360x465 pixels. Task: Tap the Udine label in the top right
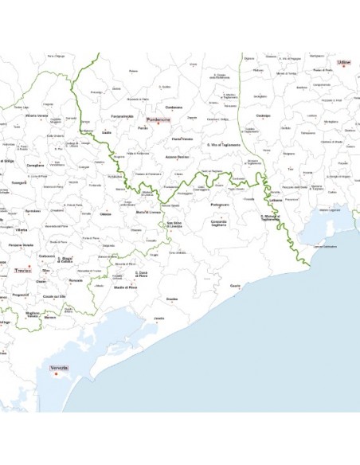pyautogui.click(x=344, y=61)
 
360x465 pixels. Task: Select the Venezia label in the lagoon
pyautogui.click(x=59, y=367)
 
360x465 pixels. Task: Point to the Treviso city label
pyautogui.click(x=23, y=272)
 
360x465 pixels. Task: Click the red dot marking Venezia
pyautogui.click(x=56, y=374)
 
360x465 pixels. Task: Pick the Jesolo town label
pyautogui.click(x=159, y=318)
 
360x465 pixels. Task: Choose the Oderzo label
pyautogui.click(x=106, y=213)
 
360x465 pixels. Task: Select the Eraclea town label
pyautogui.click(x=171, y=299)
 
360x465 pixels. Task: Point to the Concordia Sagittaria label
pyautogui.click(x=219, y=225)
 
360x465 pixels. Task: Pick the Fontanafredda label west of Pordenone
pyautogui.click(x=123, y=116)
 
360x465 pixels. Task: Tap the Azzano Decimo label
pyautogui.click(x=178, y=157)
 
